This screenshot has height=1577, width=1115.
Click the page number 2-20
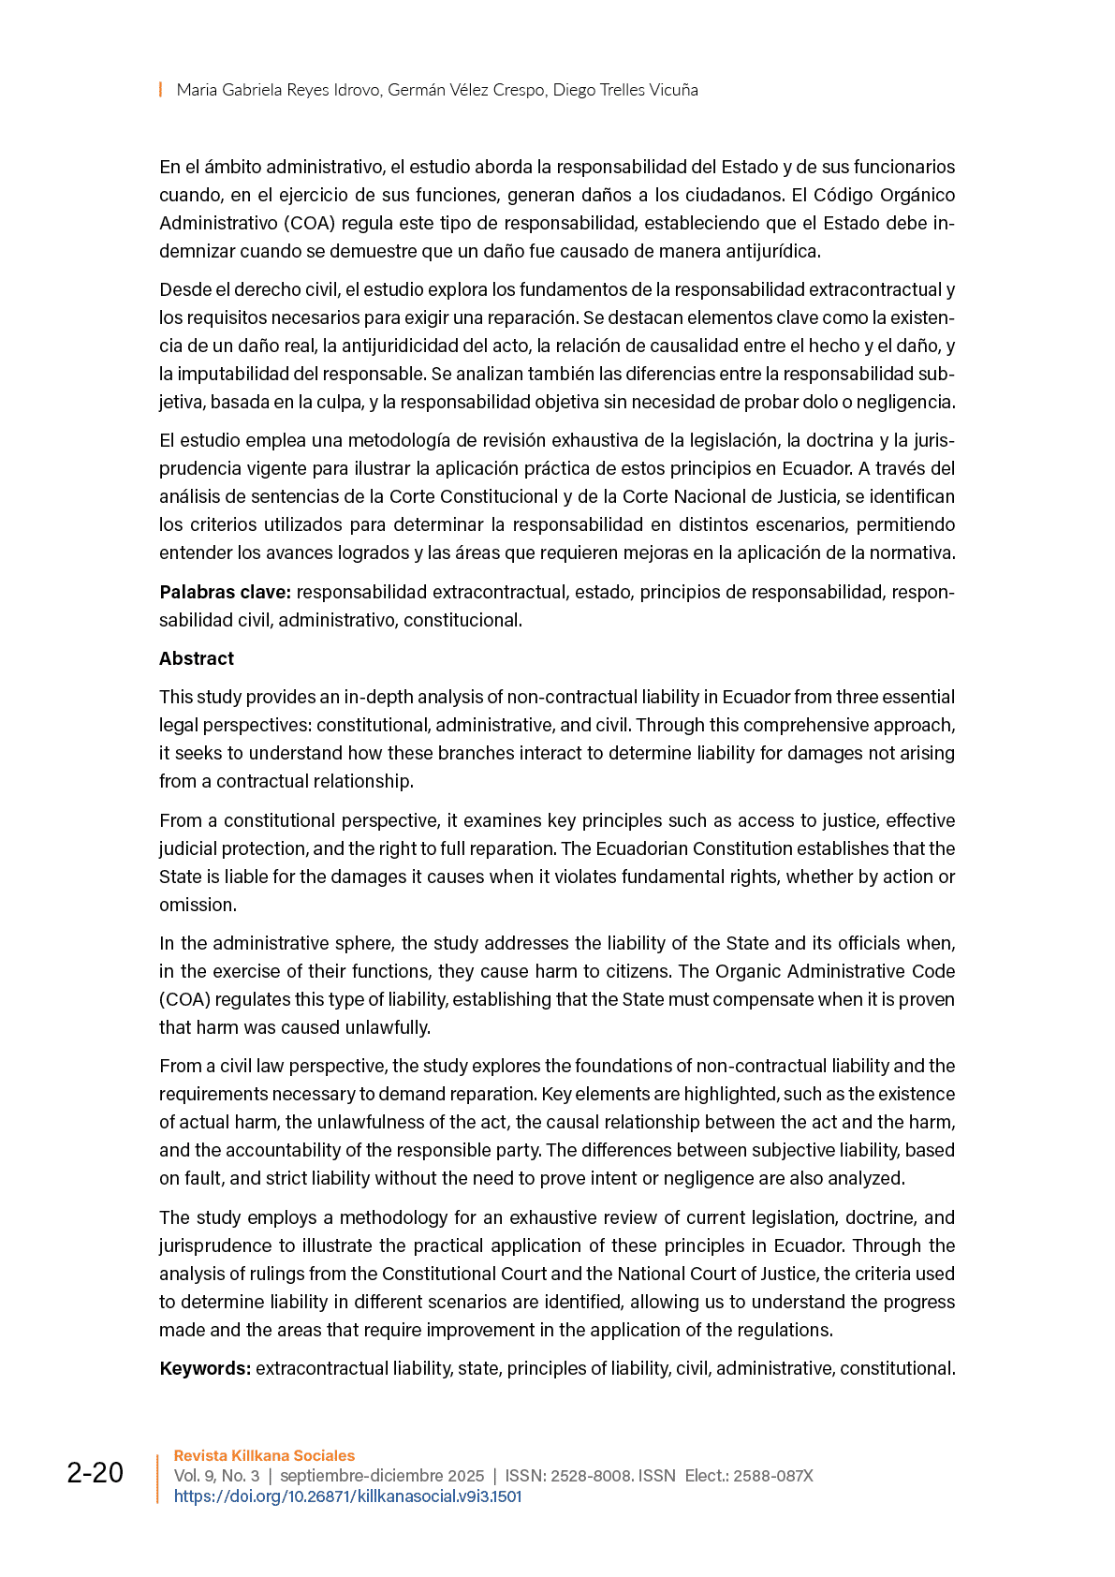pos(95,1473)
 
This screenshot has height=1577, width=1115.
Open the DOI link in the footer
pos(347,1496)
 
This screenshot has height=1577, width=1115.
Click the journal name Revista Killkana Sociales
pos(264,1455)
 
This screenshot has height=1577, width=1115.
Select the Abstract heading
pos(197,658)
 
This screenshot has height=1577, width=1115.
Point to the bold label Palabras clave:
pos(226,592)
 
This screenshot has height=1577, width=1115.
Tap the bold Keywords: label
pos(205,1368)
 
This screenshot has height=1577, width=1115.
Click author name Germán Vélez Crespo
pos(466,90)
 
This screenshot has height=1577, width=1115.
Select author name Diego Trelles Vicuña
pos(625,90)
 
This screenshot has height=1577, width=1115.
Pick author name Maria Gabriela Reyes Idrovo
pos(278,90)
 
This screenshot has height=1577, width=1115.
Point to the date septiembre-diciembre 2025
pos(382,1476)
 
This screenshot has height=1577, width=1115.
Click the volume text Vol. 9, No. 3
pos(216,1476)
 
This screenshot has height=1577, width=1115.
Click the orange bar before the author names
pos(160,90)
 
